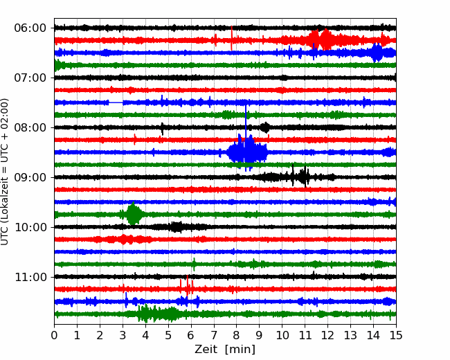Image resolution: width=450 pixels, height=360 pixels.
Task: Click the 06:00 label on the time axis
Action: [x=30, y=28]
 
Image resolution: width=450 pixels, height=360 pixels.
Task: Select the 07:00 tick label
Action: [x=30, y=78]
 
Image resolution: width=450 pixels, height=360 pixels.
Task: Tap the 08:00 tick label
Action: [x=30, y=127]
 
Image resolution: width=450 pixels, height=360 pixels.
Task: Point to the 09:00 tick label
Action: [x=30, y=177]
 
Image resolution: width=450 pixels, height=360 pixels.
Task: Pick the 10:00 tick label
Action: [x=30, y=227]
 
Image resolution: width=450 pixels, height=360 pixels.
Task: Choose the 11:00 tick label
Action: [x=30, y=277]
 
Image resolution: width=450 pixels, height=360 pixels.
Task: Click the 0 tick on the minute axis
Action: [x=54, y=335]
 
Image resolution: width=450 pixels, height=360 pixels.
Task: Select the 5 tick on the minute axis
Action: [x=168, y=335]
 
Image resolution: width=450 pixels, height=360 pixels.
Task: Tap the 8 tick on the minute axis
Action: [x=237, y=335]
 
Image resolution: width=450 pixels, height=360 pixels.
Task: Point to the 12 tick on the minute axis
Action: [x=327, y=335]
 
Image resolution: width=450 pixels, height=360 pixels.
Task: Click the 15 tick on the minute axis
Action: [x=396, y=335]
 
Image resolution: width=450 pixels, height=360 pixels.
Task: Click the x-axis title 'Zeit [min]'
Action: [x=225, y=350]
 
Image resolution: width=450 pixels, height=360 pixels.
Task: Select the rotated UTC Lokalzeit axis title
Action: [x=5, y=172]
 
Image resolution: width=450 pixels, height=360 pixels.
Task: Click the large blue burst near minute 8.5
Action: [x=247, y=152]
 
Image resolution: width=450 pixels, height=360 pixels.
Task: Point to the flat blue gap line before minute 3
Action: [x=116, y=102]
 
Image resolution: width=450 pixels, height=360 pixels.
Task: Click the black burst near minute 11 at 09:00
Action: [x=300, y=177]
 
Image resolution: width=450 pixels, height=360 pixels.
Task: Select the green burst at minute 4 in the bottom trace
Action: [x=158, y=314]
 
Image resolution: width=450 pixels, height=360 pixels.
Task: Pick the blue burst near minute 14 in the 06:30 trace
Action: [x=377, y=53]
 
